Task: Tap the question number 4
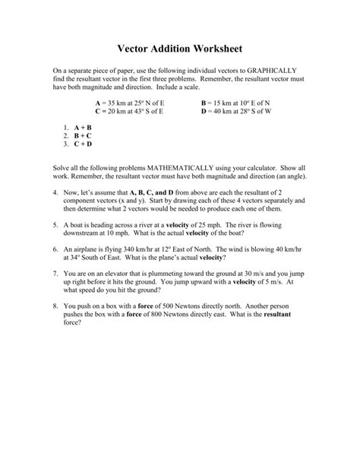56,194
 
